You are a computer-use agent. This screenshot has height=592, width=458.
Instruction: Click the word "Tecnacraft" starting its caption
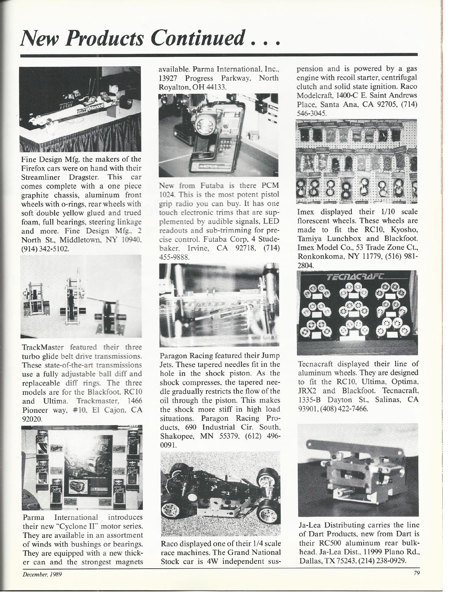tap(315, 364)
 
